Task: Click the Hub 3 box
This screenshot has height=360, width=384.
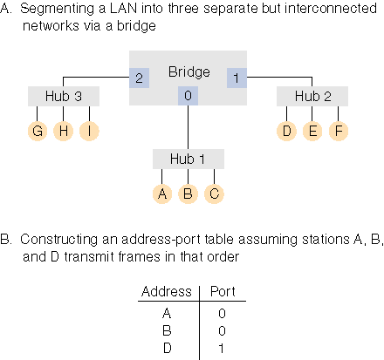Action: [x=64, y=96]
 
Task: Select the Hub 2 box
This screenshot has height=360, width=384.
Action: [x=312, y=96]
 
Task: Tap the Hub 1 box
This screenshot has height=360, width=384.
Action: [x=189, y=159]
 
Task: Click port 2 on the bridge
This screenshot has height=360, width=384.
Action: [x=140, y=78]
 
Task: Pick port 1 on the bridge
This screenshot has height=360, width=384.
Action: [x=237, y=78]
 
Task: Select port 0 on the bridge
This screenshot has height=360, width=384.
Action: [x=188, y=96]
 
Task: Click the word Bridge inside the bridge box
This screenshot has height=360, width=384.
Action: [x=189, y=71]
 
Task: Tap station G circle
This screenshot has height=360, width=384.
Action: [x=38, y=131]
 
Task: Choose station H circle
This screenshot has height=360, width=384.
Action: [x=64, y=131]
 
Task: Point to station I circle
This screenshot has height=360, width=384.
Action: [x=89, y=131]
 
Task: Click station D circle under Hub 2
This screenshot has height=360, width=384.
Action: [x=286, y=131]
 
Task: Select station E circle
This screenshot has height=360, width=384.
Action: [x=312, y=131]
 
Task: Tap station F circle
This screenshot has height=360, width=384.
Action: [x=339, y=131]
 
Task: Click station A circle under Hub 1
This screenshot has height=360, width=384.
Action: [x=162, y=194]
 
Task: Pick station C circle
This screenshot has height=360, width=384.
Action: [x=214, y=194]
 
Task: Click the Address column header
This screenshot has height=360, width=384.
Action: [x=167, y=291]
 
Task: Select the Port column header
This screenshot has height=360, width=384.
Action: [x=223, y=291]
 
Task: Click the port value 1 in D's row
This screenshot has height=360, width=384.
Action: [x=222, y=348]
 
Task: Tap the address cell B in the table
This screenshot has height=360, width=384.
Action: [x=167, y=330]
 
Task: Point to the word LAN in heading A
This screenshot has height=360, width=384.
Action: [x=123, y=9]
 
